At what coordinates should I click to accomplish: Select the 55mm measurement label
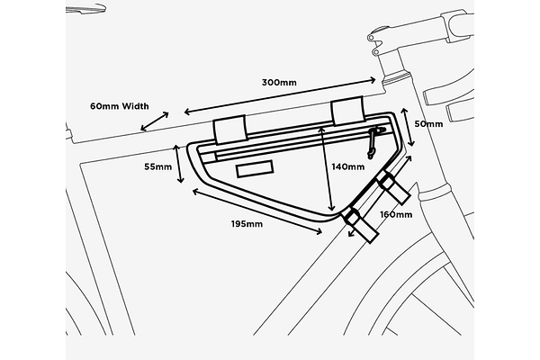[x=157, y=166]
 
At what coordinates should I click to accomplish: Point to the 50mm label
[x=428, y=123]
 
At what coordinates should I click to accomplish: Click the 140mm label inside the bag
[x=347, y=166]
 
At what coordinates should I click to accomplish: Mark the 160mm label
[x=396, y=215]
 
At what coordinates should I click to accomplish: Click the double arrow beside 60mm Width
[x=155, y=121]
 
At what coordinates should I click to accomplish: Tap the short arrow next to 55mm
[x=179, y=166]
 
